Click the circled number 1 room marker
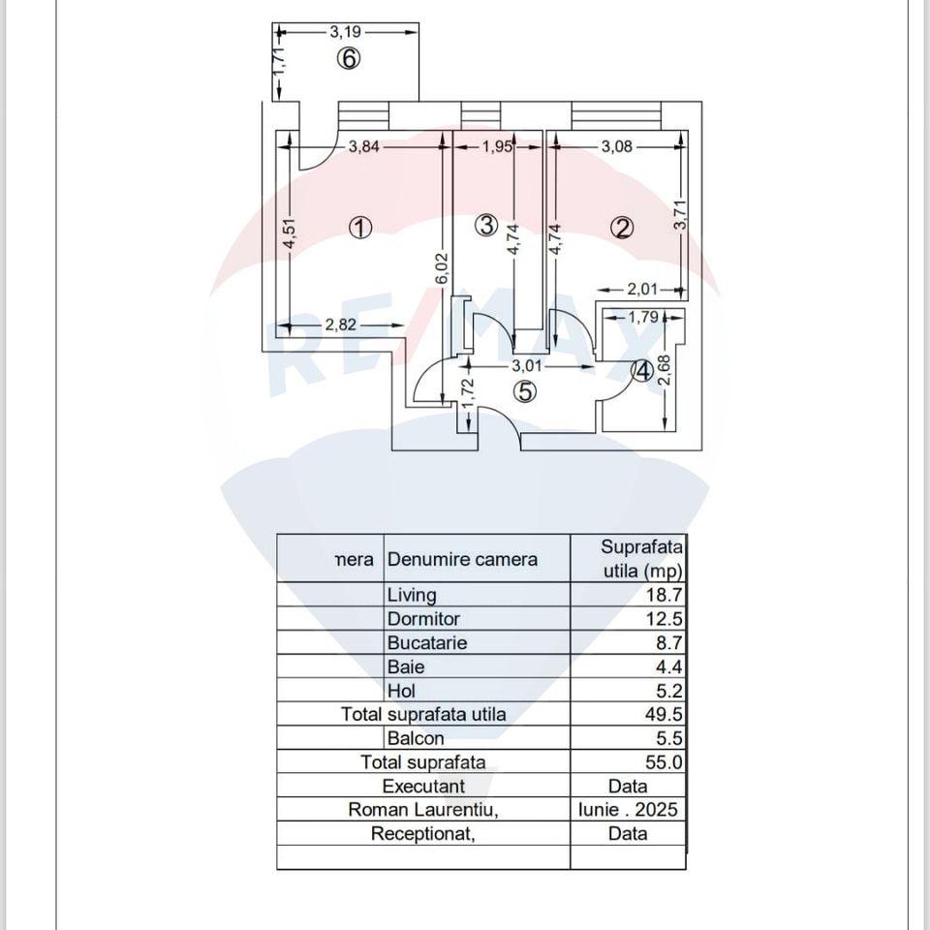coord(360,228)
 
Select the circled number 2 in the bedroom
coord(622,228)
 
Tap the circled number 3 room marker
coord(487,226)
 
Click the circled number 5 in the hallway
coord(524,391)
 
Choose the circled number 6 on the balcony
coord(349,59)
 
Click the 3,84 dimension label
coord(364,146)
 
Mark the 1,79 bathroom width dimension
coord(643,316)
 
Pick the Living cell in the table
coord(412,595)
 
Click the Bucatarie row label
coord(427,642)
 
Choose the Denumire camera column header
coord(462,559)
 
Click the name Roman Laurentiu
coord(423,809)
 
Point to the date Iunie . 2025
coord(627,809)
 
